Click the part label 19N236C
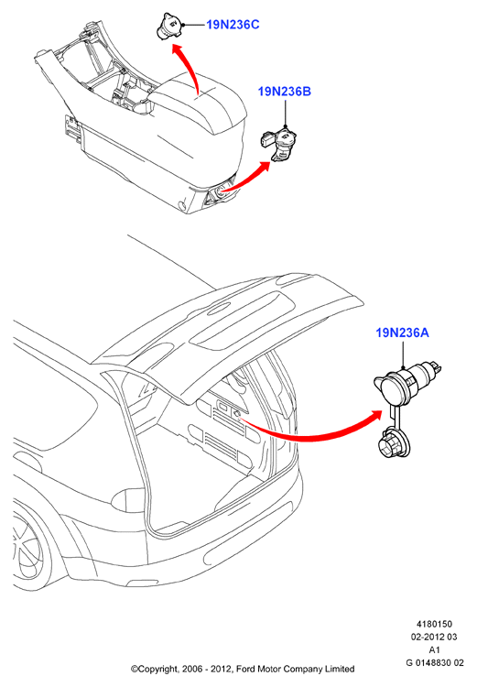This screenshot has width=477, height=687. [233, 25]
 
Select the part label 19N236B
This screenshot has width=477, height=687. [285, 92]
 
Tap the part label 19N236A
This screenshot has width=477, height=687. [403, 333]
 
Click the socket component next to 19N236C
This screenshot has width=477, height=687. [169, 26]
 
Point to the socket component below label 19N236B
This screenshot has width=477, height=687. [280, 144]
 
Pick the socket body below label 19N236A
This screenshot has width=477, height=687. [406, 382]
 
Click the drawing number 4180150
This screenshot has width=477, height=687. [434, 624]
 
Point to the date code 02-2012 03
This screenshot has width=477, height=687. [434, 637]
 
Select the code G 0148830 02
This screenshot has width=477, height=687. [435, 662]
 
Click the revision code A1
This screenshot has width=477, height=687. [434, 649]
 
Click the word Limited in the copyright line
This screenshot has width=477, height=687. [340, 669]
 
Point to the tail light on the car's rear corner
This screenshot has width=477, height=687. [127, 499]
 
